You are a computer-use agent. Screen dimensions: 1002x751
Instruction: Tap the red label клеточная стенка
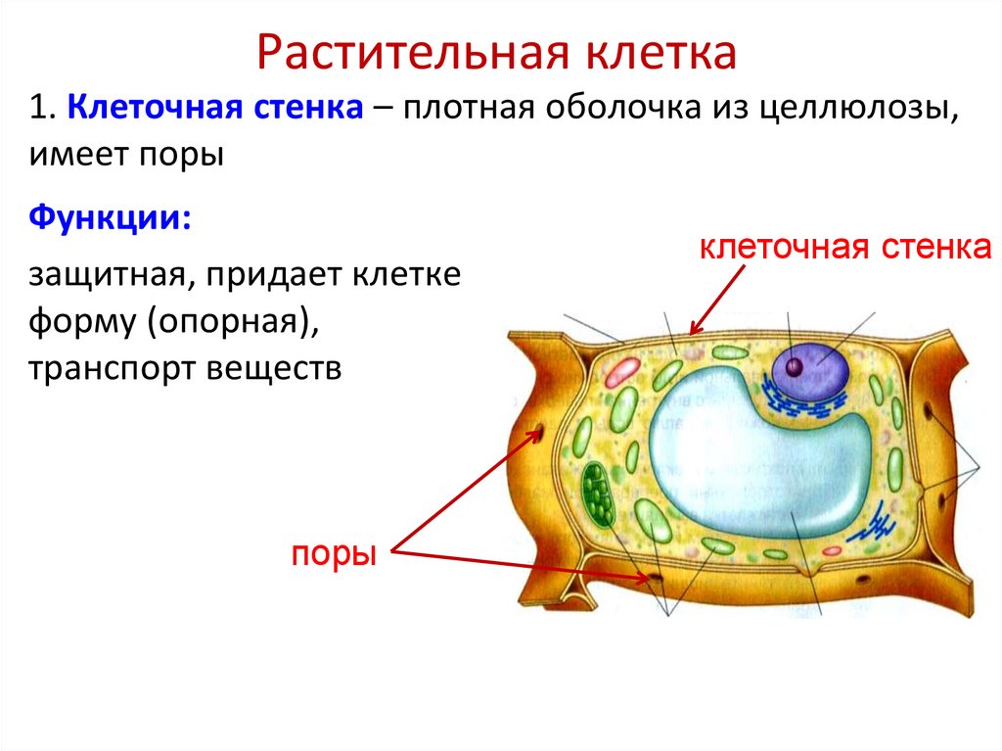click(845, 247)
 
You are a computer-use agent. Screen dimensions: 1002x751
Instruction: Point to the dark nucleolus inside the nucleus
click(795, 367)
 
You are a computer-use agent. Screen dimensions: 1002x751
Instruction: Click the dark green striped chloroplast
click(596, 494)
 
